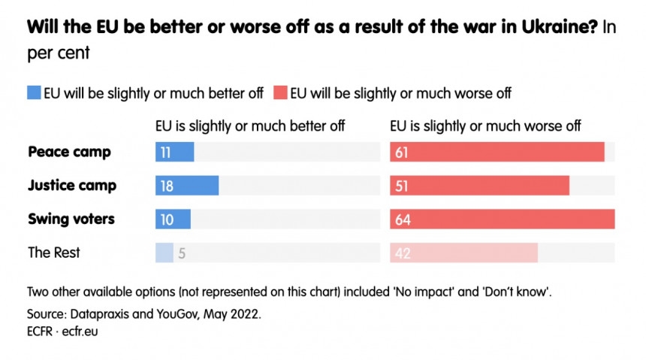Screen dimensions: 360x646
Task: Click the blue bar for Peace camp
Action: (175, 152)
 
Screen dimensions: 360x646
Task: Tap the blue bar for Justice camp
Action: (187, 186)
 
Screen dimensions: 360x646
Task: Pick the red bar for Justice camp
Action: (480, 186)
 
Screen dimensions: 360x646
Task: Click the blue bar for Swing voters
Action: (174, 219)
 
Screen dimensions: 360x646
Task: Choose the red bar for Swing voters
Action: (503, 219)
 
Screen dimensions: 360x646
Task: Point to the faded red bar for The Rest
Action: (464, 253)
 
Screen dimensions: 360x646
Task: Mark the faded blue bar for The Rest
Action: (165, 253)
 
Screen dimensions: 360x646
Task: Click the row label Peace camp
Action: (69, 152)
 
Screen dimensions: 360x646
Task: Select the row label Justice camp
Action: (72, 186)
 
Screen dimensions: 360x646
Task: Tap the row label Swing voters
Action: (71, 219)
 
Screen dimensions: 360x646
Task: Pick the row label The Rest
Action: (54, 253)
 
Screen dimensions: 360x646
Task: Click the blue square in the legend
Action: (33, 93)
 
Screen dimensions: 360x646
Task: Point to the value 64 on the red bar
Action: (403, 220)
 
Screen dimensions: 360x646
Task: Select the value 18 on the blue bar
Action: (167, 186)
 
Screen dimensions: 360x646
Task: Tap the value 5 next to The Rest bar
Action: (182, 254)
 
